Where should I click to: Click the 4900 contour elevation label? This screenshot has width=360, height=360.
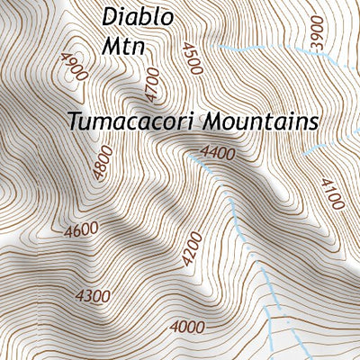click(x=71, y=65)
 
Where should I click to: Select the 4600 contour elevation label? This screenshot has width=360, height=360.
click(x=80, y=230)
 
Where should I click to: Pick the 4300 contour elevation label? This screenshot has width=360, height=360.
click(x=93, y=295)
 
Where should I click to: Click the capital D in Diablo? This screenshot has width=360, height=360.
click(x=109, y=16)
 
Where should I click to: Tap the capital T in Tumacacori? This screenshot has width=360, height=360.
click(x=73, y=121)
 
